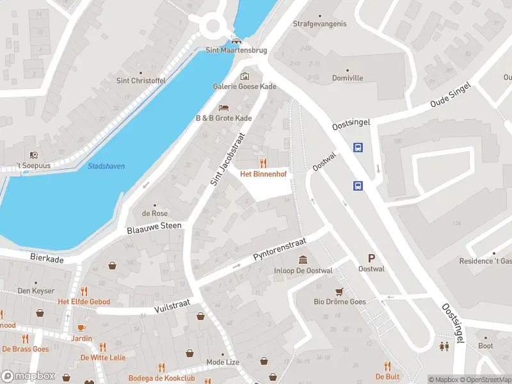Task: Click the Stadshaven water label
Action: coord(106,166)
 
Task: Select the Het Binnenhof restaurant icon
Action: coord(263,163)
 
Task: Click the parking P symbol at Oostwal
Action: coord(371,258)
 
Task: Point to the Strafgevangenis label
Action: coord(319,24)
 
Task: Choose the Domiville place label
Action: coord(348,78)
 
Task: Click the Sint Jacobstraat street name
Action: coord(228,159)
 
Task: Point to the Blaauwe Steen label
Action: coord(154,227)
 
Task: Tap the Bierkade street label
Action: coord(47,257)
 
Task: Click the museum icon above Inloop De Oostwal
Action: coord(303,259)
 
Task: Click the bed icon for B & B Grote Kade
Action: coord(223,108)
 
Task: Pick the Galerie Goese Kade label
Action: coord(244,86)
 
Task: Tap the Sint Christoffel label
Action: coord(140,81)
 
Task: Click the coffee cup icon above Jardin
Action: coord(81,328)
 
